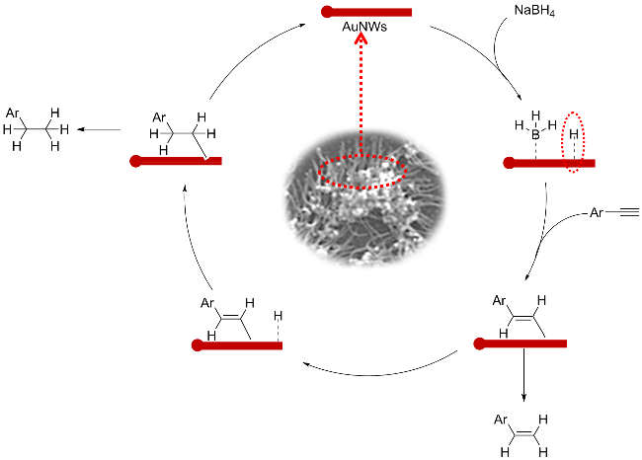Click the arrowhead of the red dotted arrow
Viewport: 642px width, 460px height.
[x=361, y=39]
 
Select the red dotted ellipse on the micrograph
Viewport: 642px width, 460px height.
[x=362, y=169]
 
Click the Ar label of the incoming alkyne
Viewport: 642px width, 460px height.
[x=596, y=211]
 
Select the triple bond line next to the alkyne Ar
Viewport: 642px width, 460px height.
[x=623, y=212]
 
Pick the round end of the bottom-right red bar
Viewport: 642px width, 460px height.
[x=480, y=344]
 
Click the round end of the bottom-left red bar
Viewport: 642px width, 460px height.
[x=198, y=345]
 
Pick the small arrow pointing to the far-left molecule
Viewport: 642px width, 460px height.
[x=81, y=129]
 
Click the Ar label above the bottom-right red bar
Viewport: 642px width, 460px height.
[x=498, y=301]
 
